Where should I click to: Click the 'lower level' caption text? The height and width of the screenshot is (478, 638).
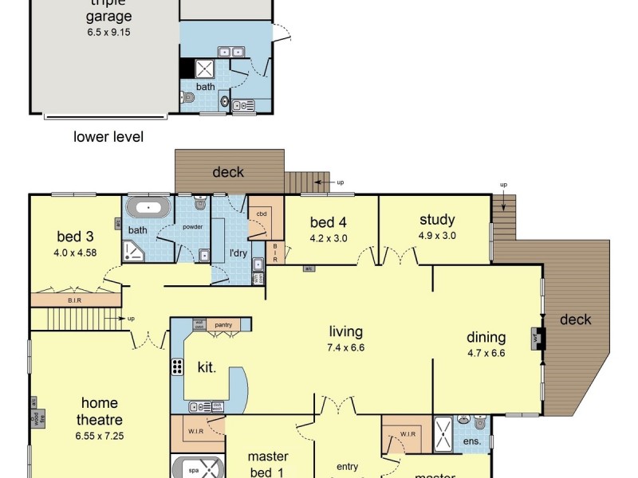point(108,137)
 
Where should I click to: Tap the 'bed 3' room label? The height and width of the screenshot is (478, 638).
point(77,237)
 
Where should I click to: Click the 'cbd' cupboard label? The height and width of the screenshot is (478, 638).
point(261,214)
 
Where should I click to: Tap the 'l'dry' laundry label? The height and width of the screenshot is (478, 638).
point(238,253)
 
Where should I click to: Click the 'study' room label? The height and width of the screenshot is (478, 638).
point(436,220)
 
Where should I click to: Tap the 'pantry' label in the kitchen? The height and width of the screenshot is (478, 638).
point(223,324)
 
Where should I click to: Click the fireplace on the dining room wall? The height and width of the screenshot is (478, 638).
point(539,338)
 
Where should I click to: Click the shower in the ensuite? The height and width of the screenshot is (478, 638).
point(443,430)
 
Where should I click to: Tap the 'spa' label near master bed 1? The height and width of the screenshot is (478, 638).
point(193,470)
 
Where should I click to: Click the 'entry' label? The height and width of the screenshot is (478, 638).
point(348,467)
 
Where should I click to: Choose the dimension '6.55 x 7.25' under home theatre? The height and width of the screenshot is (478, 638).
point(99,436)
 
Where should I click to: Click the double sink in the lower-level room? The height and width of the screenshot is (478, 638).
point(230,52)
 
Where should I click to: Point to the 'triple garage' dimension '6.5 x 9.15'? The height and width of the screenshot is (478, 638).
point(109,33)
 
